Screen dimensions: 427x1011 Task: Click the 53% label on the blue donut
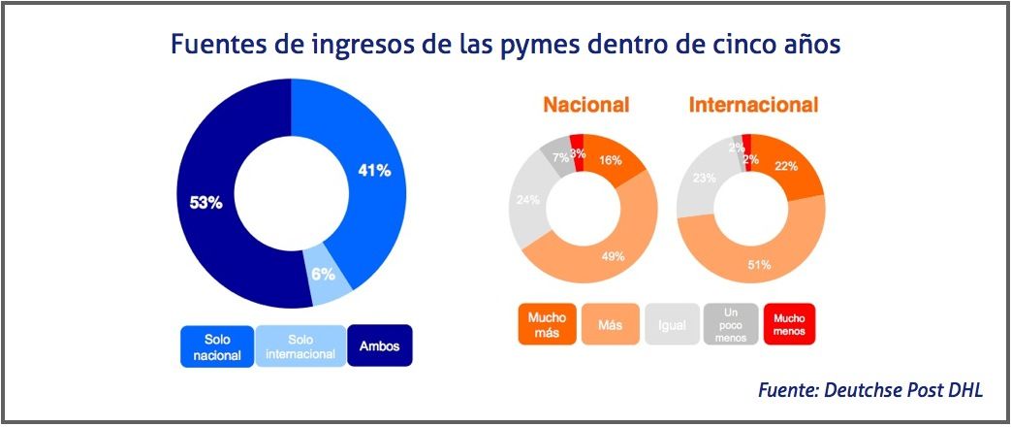tap(205, 204)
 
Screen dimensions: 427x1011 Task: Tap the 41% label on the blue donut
tap(374, 171)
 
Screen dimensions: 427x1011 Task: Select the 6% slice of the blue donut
tap(325, 275)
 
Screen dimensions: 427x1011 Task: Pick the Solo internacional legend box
tap(300, 346)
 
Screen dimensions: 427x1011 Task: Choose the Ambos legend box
tap(380, 346)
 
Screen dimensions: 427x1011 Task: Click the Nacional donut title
tap(585, 105)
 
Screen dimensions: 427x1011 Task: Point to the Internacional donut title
tap(753, 105)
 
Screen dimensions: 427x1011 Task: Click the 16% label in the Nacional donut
tap(611, 160)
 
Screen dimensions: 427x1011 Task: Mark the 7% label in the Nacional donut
tap(560, 156)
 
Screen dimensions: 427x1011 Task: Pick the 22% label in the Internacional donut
tap(786, 166)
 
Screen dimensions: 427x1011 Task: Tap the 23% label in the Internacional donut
tap(704, 178)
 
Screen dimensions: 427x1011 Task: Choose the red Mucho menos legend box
tap(789, 324)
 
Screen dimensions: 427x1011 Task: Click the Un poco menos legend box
tap(729, 324)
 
